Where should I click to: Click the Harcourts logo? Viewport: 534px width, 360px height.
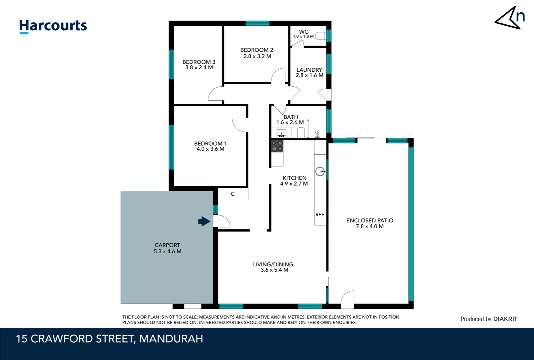tap(53, 26)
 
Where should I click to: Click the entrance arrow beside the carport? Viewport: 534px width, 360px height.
tap(204, 221)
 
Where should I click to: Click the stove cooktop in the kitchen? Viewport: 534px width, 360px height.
tap(277, 146)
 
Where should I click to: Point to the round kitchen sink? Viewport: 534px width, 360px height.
tap(320, 172)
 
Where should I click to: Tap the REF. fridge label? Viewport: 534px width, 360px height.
tap(320, 215)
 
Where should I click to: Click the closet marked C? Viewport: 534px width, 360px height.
tap(233, 194)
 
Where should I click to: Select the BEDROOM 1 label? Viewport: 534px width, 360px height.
tap(210, 143)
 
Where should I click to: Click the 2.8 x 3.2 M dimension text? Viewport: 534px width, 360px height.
tap(257, 56)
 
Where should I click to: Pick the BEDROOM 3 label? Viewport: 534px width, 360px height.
tap(199, 62)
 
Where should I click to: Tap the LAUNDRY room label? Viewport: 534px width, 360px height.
tap(309, 70)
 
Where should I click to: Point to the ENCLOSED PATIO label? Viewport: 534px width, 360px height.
tap(370, 220)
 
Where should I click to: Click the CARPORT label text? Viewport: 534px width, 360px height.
tap(167, 245)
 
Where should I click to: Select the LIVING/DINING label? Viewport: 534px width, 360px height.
tap(273, 264)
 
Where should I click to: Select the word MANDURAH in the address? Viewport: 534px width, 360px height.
tap(171, 339)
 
